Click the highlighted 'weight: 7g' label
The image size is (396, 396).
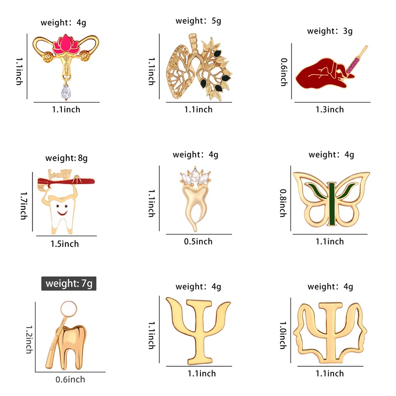pyautogui.click(x=69, y=284)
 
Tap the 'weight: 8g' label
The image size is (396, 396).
pyautogui.click(x=66, y=158)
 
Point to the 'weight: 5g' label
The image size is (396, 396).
pyautogui.click(x=198, y=21)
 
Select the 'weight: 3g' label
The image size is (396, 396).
pyautogui.click(x=330, y=31)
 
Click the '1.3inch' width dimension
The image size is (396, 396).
pyautogui.click(x=330, y=109)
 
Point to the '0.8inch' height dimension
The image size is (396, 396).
pyautogui.click(x=282, y=202)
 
